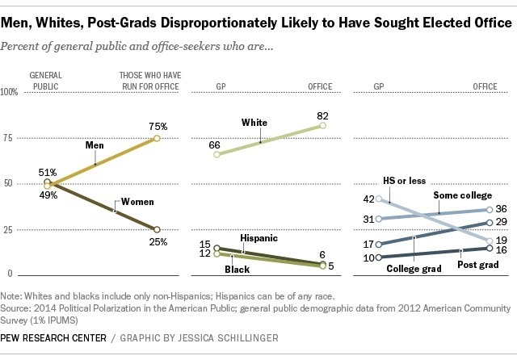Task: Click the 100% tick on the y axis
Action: pyautogui.click(x=10, y=93)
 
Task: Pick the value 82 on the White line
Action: pyautogui.click(x=323, y=115)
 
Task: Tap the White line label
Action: pyautogui.click(x=254, y=122)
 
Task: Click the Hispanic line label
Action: pyautogui.click(x=259, y=239)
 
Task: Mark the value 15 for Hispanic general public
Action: pyautogui.click(x=205, y=245)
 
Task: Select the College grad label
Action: pyautogui.click(x=414, y=270)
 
